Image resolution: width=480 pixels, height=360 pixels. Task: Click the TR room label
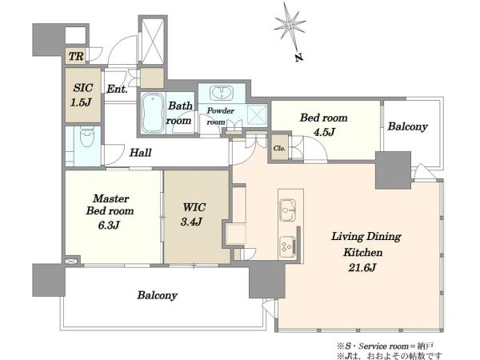(76, 56)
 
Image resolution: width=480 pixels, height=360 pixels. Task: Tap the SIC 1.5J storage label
(82, 95)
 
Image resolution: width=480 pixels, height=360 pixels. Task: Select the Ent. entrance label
(117, 90)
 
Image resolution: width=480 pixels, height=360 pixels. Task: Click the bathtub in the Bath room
(154, 113)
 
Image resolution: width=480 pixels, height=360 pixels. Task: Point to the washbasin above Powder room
(222, 93)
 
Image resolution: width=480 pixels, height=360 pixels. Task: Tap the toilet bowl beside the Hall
(87, 138)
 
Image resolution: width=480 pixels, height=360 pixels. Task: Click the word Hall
(140, 153)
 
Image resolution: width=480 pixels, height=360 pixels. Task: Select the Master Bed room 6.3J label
(110, 211)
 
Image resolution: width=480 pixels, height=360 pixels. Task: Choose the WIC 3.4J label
(193, 214)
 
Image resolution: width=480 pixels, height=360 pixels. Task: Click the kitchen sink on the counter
(288, 210)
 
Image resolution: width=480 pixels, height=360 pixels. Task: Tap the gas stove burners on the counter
(288, 246)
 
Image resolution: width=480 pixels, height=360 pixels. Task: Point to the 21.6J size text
(362, 267)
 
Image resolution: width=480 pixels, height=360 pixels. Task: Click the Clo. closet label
(279, 148)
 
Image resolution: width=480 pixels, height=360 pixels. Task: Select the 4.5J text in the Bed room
(324, 132)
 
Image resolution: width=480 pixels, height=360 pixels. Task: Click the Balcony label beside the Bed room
(407, 126)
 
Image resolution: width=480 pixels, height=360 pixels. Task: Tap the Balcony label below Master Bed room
(158, 295)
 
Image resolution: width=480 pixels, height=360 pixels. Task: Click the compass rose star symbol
(289, 24)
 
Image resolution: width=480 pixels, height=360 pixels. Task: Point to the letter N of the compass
(299, 58)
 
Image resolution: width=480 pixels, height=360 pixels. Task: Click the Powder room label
(220, 116)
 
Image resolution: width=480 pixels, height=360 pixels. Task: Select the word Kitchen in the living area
(363, 252)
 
